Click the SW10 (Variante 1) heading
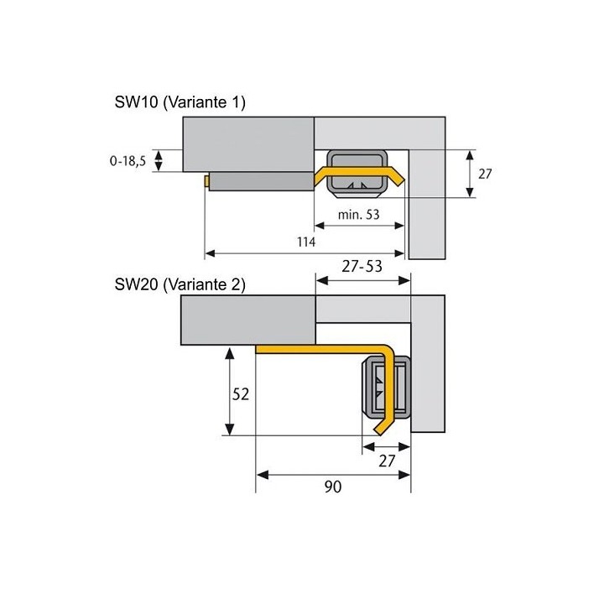click(x=180, y=102)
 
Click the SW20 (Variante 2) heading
click(x=180, y=284)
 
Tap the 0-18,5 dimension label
click(x=128, y=160)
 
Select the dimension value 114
click(x=306, y=242)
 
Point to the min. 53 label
click(x=359, y=214)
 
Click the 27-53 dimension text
click(x=362, y=266)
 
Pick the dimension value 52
click(x=241, y=394)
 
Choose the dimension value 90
click(x=333, y=487)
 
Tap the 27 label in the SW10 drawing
click(x=485, y=174)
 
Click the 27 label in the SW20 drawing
click(x=387, y=461)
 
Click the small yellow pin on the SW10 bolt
click(x=207, y=181)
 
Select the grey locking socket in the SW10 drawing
click(x=357, y=174)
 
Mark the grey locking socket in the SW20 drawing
click(x=386, y=387)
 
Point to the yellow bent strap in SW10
click(x=359, y=176)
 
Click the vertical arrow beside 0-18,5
click(x=159, y=160)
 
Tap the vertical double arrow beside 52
click(x=230, y=392)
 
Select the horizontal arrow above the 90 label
click(x=333, y=475)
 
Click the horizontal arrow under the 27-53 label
click(x=363, y=280)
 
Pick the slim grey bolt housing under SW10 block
click(x=262, y=181)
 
